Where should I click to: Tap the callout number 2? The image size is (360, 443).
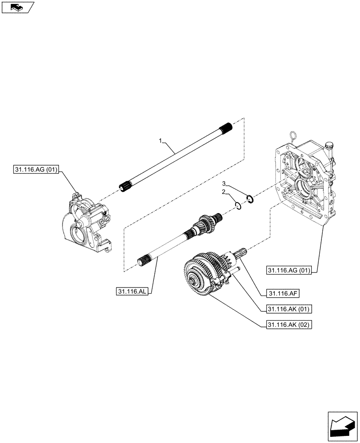[x=224, y=192]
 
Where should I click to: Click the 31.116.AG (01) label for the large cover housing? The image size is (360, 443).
[x=290, y=269]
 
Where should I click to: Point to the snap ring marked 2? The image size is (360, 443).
[x=239, y=205]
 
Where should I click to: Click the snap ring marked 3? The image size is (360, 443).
[x=250, y=200]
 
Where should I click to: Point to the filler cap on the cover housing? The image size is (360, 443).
[x=329, y=145]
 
